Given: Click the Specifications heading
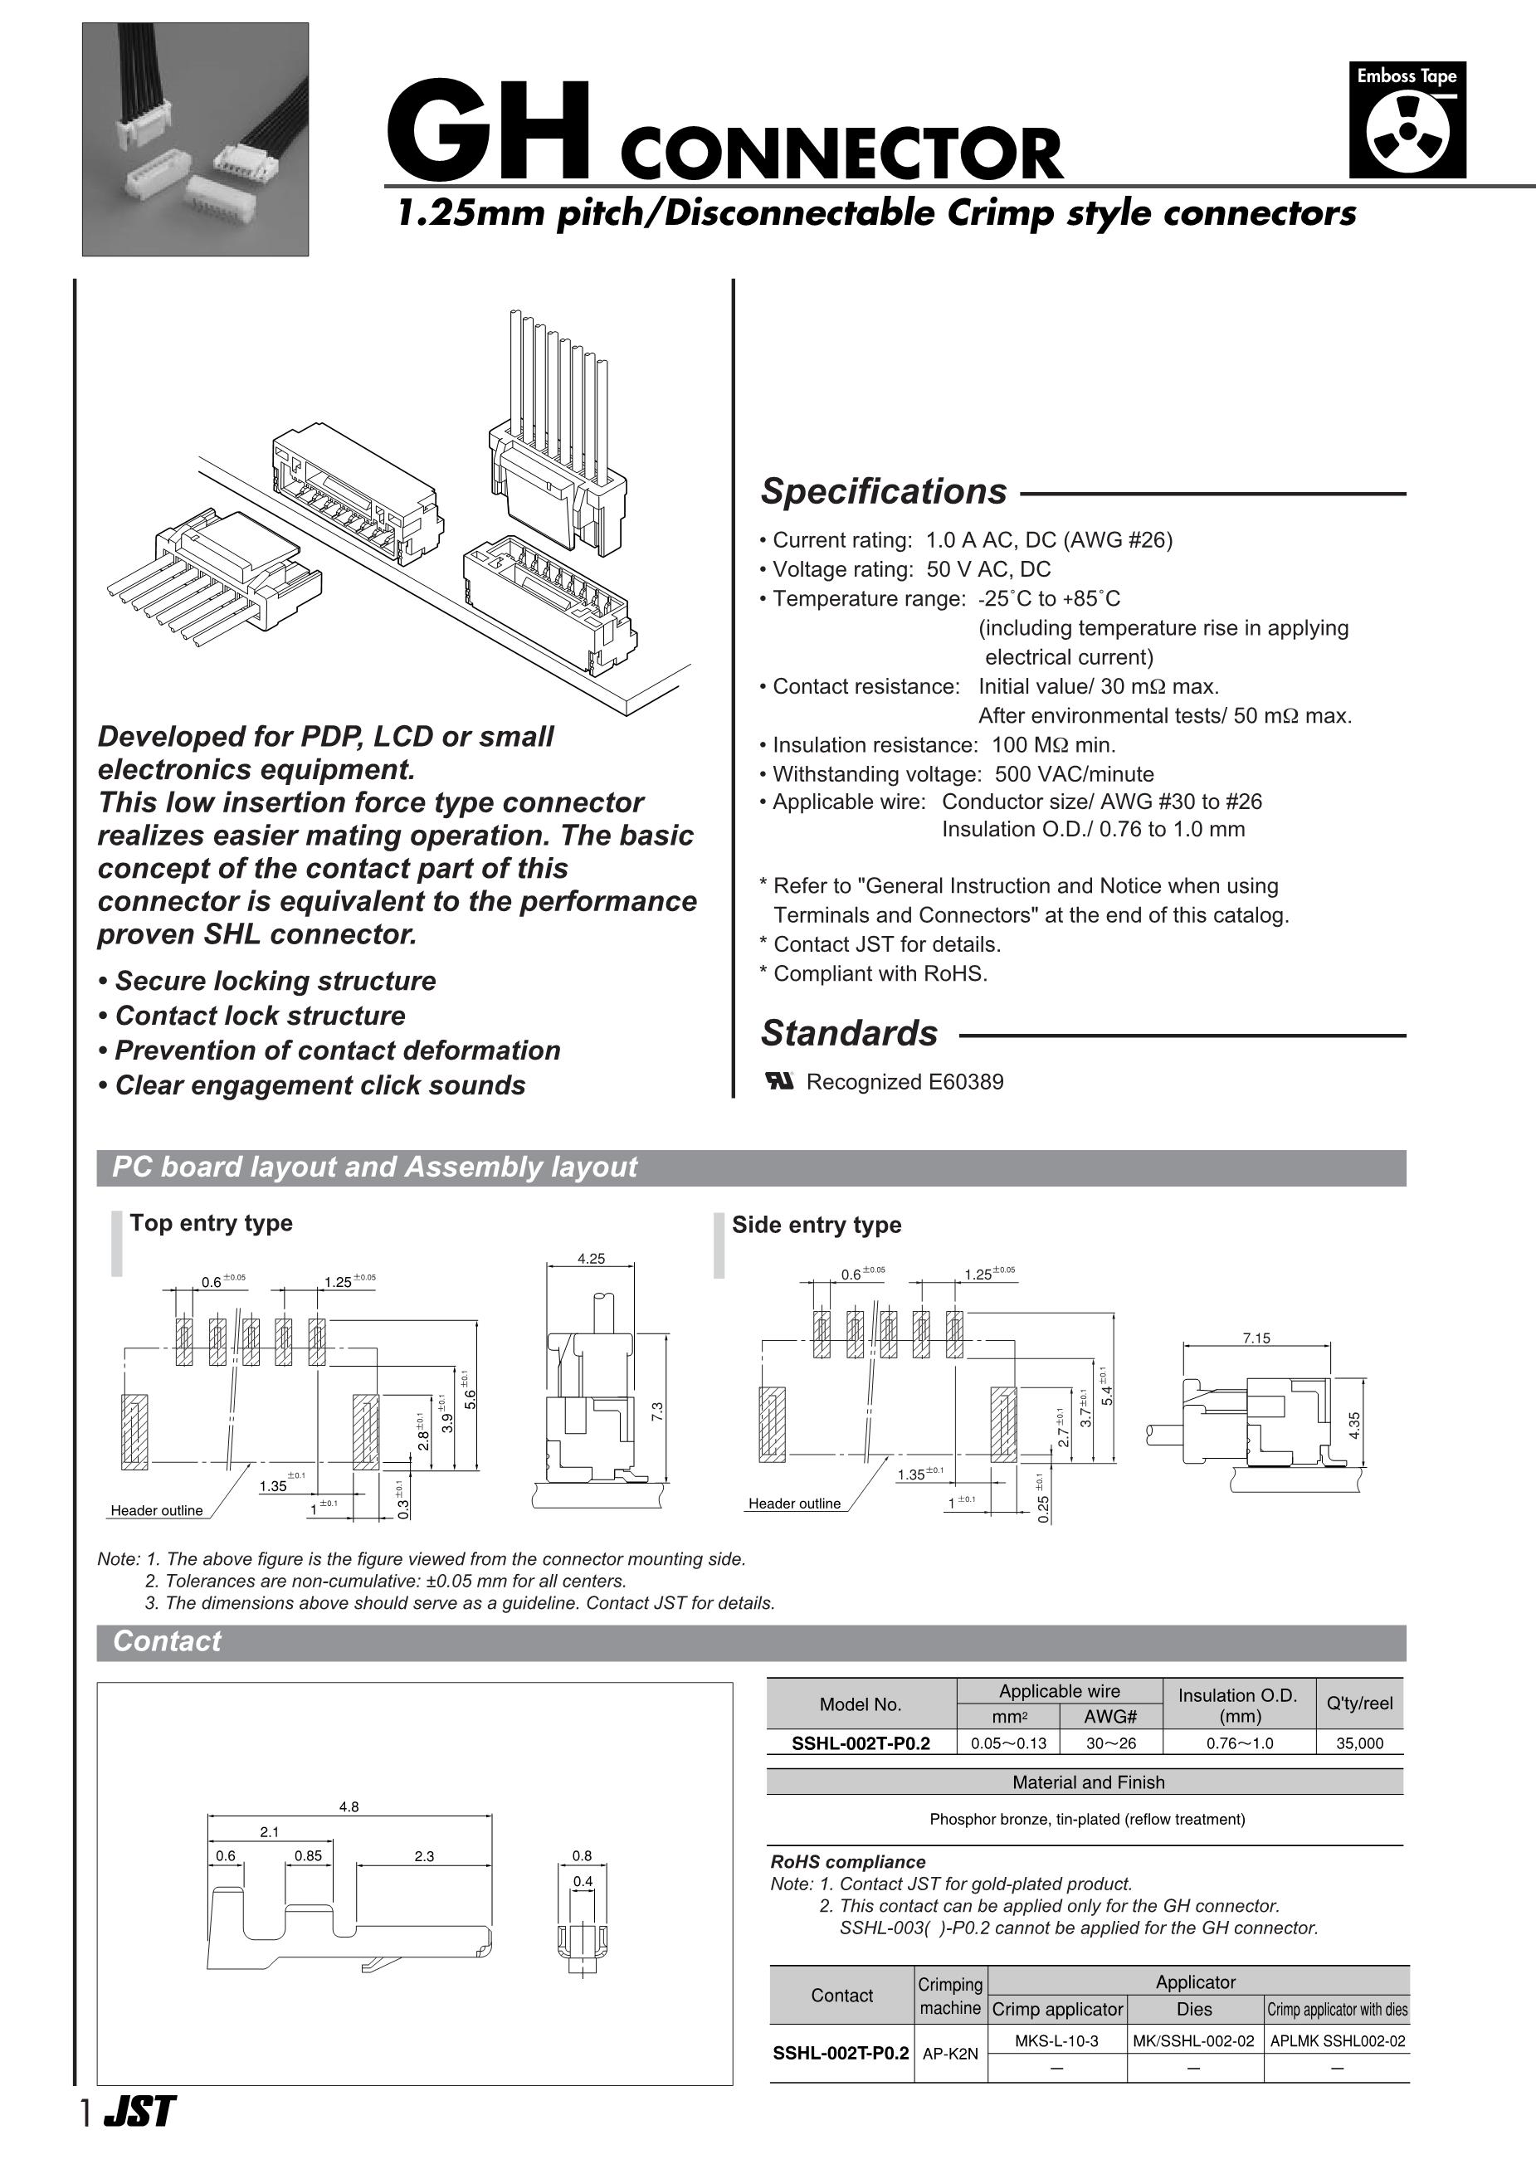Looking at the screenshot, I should point(884,491).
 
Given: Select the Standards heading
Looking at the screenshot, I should point(849,1033).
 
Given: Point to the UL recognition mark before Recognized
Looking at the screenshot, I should point(779,1081).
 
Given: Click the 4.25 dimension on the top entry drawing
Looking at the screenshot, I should point(591,1259).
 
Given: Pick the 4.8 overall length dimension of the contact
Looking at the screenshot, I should point(349,1806).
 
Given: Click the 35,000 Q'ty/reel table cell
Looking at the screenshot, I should point(1359,1743).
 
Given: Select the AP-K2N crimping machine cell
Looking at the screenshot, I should point(950,2054).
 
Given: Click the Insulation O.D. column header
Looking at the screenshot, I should point(1238,1704).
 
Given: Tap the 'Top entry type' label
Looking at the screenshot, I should point(211,1222).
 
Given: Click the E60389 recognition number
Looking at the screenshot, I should point(966,1081).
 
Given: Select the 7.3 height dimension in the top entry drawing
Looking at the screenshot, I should point(657,1411).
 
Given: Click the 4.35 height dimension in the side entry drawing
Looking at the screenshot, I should point(1355,1425).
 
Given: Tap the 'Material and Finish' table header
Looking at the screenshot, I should point(1088,1782).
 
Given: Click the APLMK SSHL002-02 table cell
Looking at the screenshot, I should point(1337,2040).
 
